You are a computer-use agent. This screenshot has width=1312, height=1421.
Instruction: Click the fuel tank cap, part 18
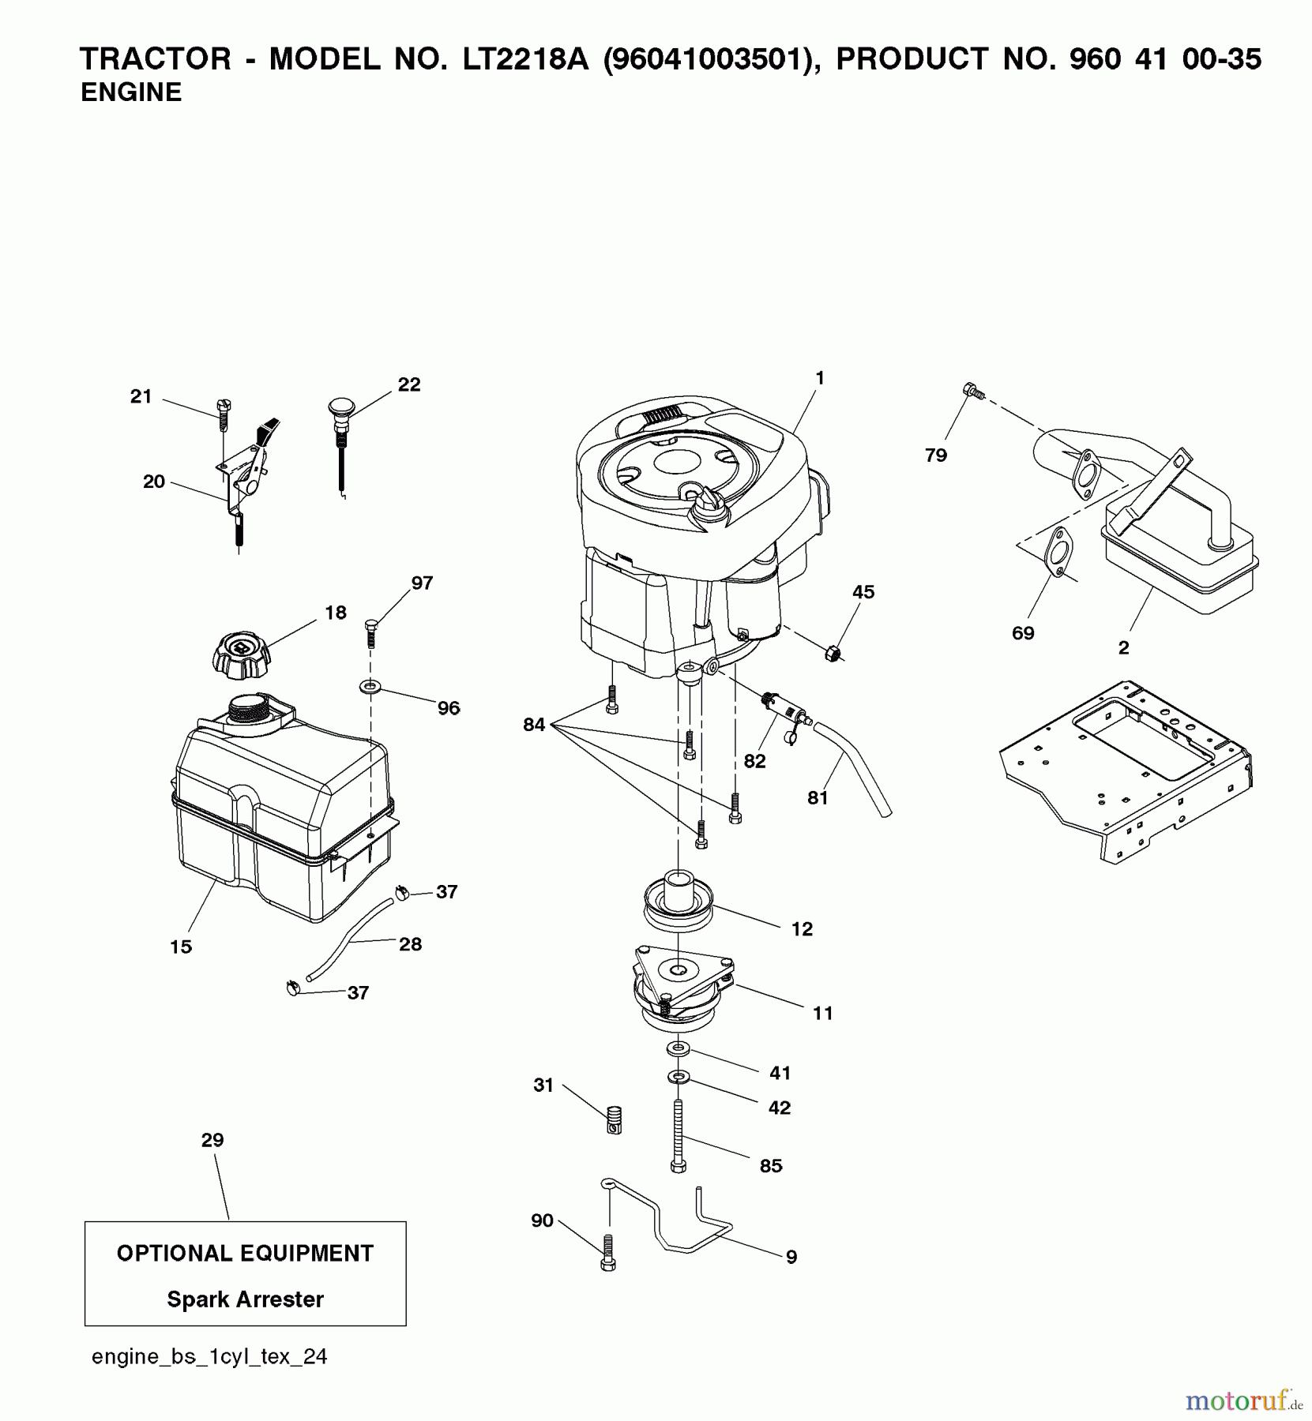(240, 654)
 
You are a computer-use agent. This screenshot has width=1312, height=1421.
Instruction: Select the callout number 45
(863, 592)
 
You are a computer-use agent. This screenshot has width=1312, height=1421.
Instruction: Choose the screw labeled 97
(370, 633)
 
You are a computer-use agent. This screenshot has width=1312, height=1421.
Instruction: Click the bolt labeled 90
(607, 1253)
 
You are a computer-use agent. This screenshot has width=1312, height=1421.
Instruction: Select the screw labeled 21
(223, 414)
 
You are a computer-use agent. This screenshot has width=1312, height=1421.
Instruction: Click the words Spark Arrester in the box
(245, 1299)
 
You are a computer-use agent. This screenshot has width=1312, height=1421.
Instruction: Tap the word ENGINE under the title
(131, 92)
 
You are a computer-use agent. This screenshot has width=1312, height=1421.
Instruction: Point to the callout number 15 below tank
(181, 947)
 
